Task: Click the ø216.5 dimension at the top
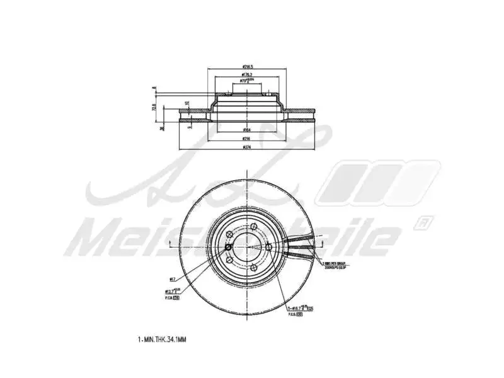click(247, 66)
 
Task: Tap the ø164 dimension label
click(247, 130)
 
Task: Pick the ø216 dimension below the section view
click(247, 139)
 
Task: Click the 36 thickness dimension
click(162, 127)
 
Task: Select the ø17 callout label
click(172, 278)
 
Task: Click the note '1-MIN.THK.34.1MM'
click(161, 339)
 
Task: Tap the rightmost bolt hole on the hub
click(269, 246)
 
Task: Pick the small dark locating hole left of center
click(228, 246)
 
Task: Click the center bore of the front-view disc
click(247, 246)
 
